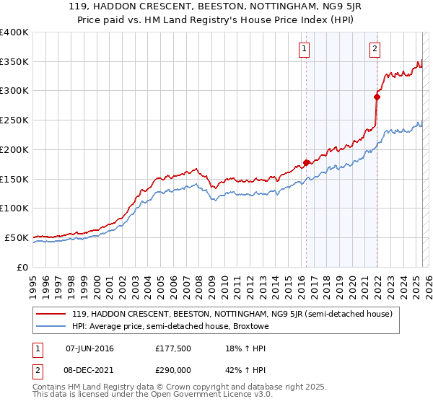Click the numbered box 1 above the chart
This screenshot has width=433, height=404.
(304, 49)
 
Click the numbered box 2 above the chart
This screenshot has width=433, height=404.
(375, 49)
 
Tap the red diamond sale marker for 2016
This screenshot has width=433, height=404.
(306, 162)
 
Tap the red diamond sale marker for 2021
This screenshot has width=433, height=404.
(377, 96)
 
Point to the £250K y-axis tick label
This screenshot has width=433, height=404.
(14, 120)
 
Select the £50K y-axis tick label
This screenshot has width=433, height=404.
(17, 237)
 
